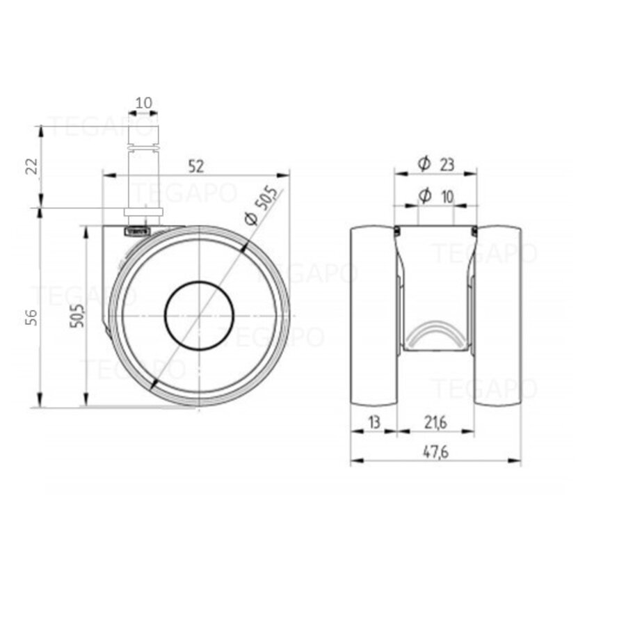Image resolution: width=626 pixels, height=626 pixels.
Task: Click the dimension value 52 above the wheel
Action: click(x=195, y=166)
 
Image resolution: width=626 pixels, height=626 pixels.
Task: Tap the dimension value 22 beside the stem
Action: click(x=30, y=166)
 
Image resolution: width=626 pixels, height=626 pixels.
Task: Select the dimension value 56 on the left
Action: click(x=30, y=316)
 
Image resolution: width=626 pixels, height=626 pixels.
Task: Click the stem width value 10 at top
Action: click(x=144, y=103)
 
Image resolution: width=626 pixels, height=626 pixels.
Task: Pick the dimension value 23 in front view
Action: click(x=447, y=164)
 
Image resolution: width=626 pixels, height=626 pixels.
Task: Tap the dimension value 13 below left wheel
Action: click(x=374, y=422)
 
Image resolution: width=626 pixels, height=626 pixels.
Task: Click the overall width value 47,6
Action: click(x=435, y=451)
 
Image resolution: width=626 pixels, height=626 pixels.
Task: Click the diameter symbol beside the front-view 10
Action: click(x=424, y=196)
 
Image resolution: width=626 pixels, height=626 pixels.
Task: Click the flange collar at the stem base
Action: click(x=143, y=212)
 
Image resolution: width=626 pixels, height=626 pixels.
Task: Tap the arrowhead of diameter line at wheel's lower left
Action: click(x=153, y=384)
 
